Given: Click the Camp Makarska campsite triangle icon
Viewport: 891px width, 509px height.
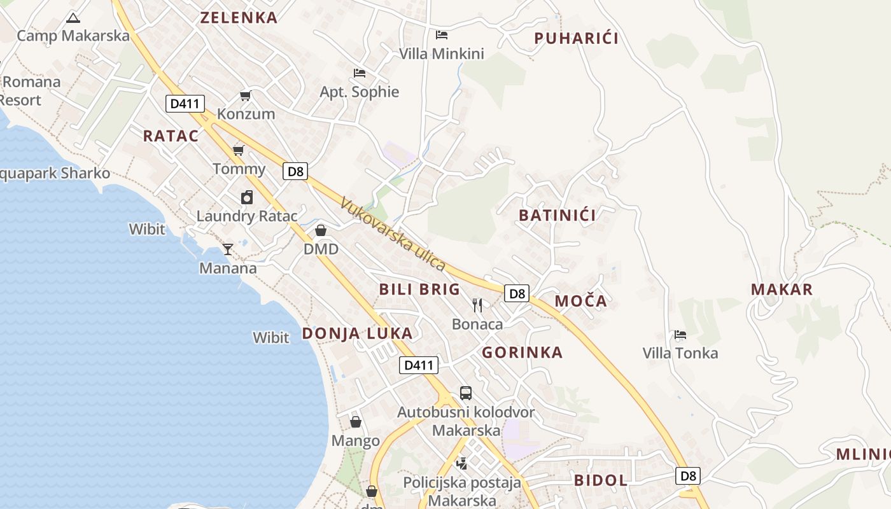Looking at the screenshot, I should (x=73, y=18).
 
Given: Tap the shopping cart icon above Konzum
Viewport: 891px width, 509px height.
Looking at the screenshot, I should (x=245, y=96).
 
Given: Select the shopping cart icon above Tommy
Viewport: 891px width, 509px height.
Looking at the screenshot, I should (x=239, y=150).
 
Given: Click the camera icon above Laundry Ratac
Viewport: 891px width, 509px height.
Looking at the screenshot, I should (x=247, y=198).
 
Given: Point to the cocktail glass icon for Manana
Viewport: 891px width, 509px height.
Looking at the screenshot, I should (x=228, y=249).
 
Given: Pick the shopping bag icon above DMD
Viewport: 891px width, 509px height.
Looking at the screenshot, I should (x=321, y=230).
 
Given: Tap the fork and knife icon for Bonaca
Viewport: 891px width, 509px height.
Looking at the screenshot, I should (x=477, y=305).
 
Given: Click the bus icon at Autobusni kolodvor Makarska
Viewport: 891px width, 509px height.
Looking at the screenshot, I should (x=466, y=393).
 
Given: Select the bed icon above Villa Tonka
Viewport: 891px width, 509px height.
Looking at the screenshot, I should (x=680, y=335).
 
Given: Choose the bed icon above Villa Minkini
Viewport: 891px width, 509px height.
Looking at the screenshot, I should (x=441, y=35).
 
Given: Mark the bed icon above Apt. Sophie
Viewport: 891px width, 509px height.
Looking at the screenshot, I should (x=359, y=73).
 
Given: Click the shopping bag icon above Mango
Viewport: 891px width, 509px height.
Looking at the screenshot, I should (x=356, y=422).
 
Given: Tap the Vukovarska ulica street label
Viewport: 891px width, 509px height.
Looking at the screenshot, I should (x=392, y=234).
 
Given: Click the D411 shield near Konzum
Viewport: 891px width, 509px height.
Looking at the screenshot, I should (x=185, y=104).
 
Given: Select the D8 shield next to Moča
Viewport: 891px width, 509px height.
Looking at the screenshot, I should (x=517, y=293).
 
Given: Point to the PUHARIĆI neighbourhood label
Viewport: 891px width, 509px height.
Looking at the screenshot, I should (x=576, y=38).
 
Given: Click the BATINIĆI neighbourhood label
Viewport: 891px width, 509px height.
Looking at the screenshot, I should (x=558, y=215).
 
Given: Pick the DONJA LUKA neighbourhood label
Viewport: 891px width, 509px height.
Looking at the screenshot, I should (x=357, y=333).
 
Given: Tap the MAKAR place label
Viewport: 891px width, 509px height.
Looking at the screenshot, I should (x=782, y=289).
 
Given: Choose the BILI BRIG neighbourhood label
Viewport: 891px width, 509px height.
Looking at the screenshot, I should (x=419, y=289).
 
